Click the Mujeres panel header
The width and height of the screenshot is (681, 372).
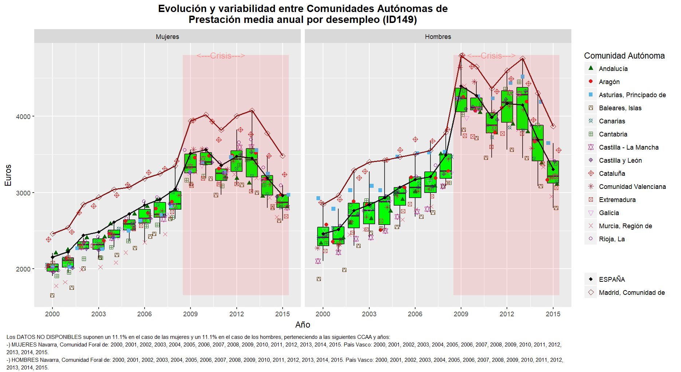[x=167, y=37]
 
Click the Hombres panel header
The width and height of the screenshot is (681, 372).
[x=438, y=37]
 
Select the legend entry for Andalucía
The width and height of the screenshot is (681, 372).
[x=613, y=69]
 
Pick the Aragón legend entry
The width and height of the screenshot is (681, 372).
[x=609, y=82]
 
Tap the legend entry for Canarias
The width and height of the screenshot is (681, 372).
[x=612, y=121]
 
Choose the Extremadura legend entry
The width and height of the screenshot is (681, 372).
[x=617, y=200]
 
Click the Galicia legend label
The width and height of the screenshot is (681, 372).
[x=609, y=213]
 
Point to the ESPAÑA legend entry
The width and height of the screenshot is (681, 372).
[x=611, y=280]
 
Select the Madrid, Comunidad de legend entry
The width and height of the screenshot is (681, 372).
[x=631, y=293]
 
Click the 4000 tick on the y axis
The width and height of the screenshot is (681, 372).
[x=23, y=116]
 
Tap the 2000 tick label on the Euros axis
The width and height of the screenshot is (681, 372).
[x=23, y=269]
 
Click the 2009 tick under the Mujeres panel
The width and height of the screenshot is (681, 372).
[x=190, y=314]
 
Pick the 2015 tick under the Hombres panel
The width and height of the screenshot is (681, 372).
[x=553, y=314]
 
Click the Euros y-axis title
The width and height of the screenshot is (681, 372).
[x=8, y=175]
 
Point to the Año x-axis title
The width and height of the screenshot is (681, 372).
[x=303, y=325]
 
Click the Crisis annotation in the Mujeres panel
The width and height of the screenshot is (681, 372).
[x=221, y=56]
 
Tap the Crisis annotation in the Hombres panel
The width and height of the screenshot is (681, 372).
[x=491, y=56]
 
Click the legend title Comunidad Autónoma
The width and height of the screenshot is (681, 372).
[x=624, y=56]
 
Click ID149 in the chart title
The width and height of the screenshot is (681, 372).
[x=399, y=20]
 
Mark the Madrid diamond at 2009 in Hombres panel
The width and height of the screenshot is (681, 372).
[x=462, y=55]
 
